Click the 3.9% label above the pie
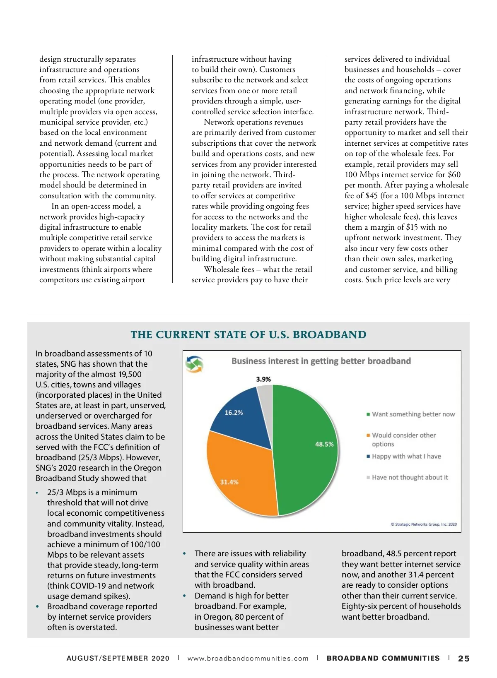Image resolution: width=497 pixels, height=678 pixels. pyautogui.click(x=263, y=379)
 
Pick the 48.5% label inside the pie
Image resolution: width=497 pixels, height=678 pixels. pyautogui.click(x=324, y=444)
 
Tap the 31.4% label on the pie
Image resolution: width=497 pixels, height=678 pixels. pyautogui.click(x=229, y=482)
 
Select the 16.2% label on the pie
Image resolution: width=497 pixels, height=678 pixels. pyautogui.click(x=234, y=413)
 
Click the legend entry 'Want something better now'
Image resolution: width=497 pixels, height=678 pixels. pyautogui.click(x=413, y=414)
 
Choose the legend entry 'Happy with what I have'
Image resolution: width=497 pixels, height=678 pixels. pyautogui.click(x=406, y=456)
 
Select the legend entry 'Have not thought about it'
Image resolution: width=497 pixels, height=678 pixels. pyautogui.click(x=410, y=477)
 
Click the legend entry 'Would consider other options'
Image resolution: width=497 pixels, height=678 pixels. pyautogui.click(x=403, y=440)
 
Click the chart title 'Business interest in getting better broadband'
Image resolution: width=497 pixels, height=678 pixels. pyautogui.click(x=321, y=361)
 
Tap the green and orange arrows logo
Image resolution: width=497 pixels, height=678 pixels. pyautogui.click(x=194, y=364)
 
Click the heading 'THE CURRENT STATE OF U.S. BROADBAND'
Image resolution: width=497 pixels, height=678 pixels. pyautogui.click(x=248, y=335)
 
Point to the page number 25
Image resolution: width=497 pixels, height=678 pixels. pyautogui.click(x=463, y=659)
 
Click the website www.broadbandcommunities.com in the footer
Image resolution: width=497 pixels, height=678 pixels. pyautogui.click(x=248, y=659)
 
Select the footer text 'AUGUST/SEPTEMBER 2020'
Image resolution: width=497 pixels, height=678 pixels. pyautogui.click(x=118, y=659)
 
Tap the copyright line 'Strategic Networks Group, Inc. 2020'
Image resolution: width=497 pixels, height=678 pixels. pyautogui.click(x=424, y=524)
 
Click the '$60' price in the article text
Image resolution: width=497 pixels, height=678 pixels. pyautogui.click(x=454, y=175)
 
